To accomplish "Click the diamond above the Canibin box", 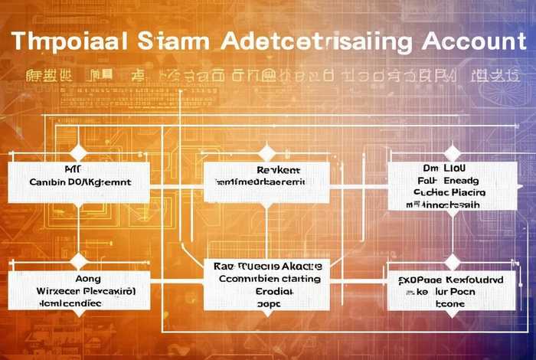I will tap(79, 152).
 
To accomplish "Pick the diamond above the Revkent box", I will tap(266, 152).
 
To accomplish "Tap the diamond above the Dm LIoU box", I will tap(453, 152).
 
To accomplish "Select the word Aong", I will tap(86, 280).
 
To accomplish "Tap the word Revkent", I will tap(278, 170).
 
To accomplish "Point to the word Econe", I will tap(451, 303).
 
